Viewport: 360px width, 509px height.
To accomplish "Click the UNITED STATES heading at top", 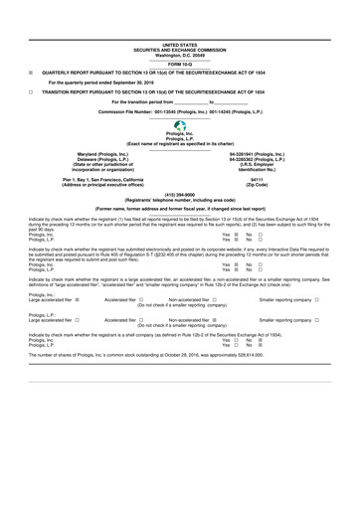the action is [180, 44].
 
